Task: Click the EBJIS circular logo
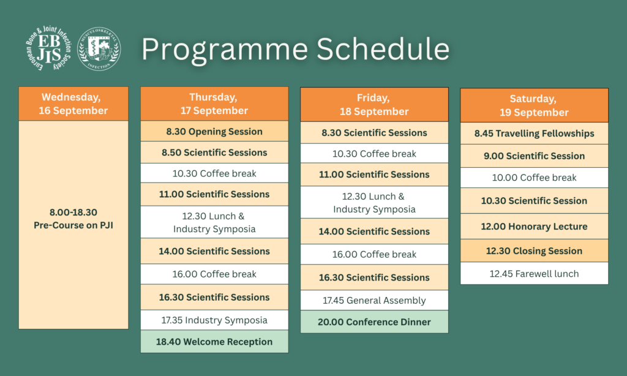pos(49,48)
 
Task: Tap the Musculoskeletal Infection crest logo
pos(99,49)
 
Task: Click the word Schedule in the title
pos(383,49)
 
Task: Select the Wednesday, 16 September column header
pos(73,103)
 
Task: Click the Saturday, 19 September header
pos(534,105)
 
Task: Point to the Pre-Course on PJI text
pos(73,225)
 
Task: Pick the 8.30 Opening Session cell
pos(214,131)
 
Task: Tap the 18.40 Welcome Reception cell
pos(214,342)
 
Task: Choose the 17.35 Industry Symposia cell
pos(214,320)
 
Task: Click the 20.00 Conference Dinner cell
pos(374,321)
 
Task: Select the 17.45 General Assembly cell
pos(374,300)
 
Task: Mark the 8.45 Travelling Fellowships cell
pos(534,133)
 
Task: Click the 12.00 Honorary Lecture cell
pos(534,227)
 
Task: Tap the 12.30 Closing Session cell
pos(534,251)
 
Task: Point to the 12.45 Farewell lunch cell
pos(534,274)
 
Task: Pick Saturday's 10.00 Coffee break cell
pos(534,177)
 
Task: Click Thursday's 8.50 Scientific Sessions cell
pos(214,152)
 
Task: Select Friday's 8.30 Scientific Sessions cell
pos(374,132)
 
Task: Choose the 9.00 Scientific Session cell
pos(534,156)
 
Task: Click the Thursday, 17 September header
pos(214,103)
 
